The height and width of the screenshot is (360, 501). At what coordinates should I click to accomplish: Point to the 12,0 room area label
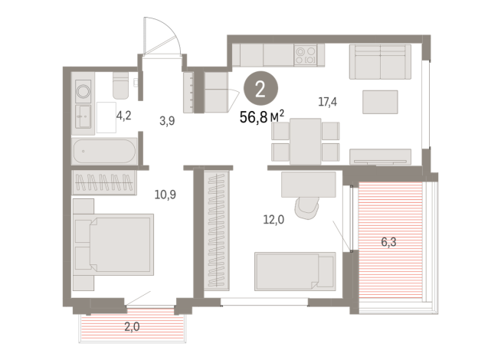[x=273, y=219]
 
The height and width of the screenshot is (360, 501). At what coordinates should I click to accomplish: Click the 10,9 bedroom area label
[x=165, y=194]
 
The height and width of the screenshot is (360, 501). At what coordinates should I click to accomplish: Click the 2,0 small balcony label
[x=132, y=327]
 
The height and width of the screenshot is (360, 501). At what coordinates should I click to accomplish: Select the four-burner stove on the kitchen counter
[x=306, y=54]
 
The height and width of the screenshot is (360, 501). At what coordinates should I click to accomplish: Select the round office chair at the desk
[x=310, y=205]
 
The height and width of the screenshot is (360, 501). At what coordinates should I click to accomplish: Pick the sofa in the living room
[x=381, y=61]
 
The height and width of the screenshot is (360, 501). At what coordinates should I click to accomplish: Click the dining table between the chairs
[x=305, y=141]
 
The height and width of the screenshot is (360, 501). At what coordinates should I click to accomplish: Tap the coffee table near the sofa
[x=381, y=101]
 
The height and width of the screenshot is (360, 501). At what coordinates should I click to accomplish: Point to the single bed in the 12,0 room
[x=295, y=270]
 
